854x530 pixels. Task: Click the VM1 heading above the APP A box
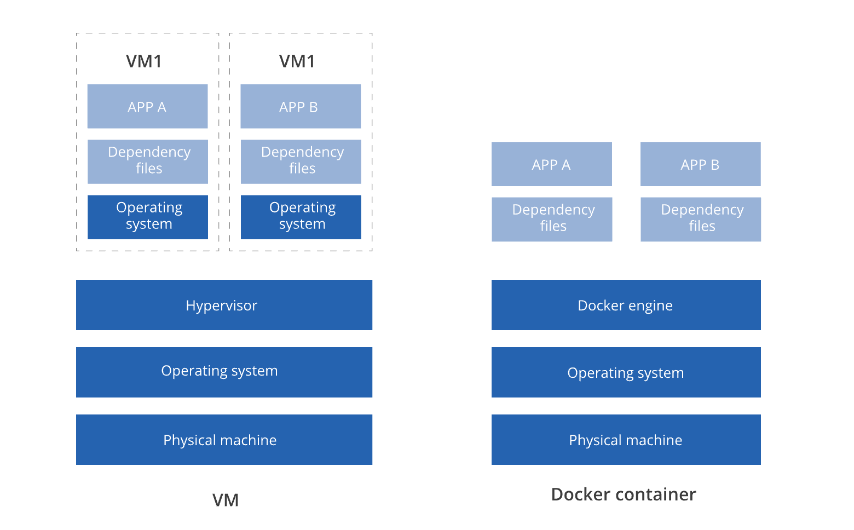pos(144,61)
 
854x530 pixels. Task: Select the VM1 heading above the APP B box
pos(297,61)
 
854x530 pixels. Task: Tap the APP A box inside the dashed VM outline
pos(147,106)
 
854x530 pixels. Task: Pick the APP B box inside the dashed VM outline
pos(301,106)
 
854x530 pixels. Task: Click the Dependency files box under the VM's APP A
pos(148,162)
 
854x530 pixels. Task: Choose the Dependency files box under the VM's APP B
pos(301,162)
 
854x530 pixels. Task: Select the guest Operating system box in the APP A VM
pos(148,217)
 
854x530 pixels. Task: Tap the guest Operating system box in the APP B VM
pos(301,217)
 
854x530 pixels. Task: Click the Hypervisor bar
pos(224,305)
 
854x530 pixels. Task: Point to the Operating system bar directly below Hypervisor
pos(224,372)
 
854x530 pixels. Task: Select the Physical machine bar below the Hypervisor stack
pos(224,440)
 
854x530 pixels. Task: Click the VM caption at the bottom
pos(226,500)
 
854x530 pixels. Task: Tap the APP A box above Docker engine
pos(551,164)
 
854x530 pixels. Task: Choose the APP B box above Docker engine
pos(700,164)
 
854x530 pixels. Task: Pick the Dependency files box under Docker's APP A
pos(552,219)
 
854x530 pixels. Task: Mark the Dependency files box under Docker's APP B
pos(701,219)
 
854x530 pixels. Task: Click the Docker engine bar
pos(626,305)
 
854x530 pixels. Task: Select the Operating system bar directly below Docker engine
pos(626,372)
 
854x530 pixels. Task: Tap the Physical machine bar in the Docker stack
pos(626,440)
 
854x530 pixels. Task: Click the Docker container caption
pos(624,494)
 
